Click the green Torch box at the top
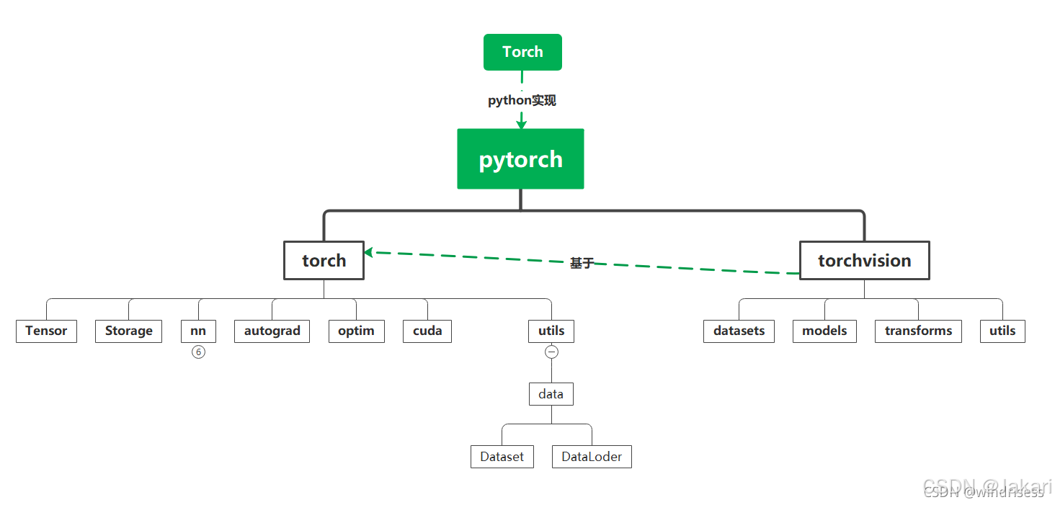coord(522,52)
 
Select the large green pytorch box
coord(520,159)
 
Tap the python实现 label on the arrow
coord(522,101)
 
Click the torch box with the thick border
coord(324,260)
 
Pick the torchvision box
coord(864,260)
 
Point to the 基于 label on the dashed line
coord(582,264)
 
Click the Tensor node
coord(46,331)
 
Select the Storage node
coord(128,331)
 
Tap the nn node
coord(198,331)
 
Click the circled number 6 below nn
coord(198,352)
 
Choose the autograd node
coord(272,331)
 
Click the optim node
coord(356,331)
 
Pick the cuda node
coord(427,331)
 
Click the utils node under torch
coord(551,331)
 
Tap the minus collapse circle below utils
coord(551,352)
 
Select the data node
coord(551,394)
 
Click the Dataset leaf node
coord(502,457)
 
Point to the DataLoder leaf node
coord(592,457)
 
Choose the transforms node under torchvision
coord(918,331)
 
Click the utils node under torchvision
coord(1002,331)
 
